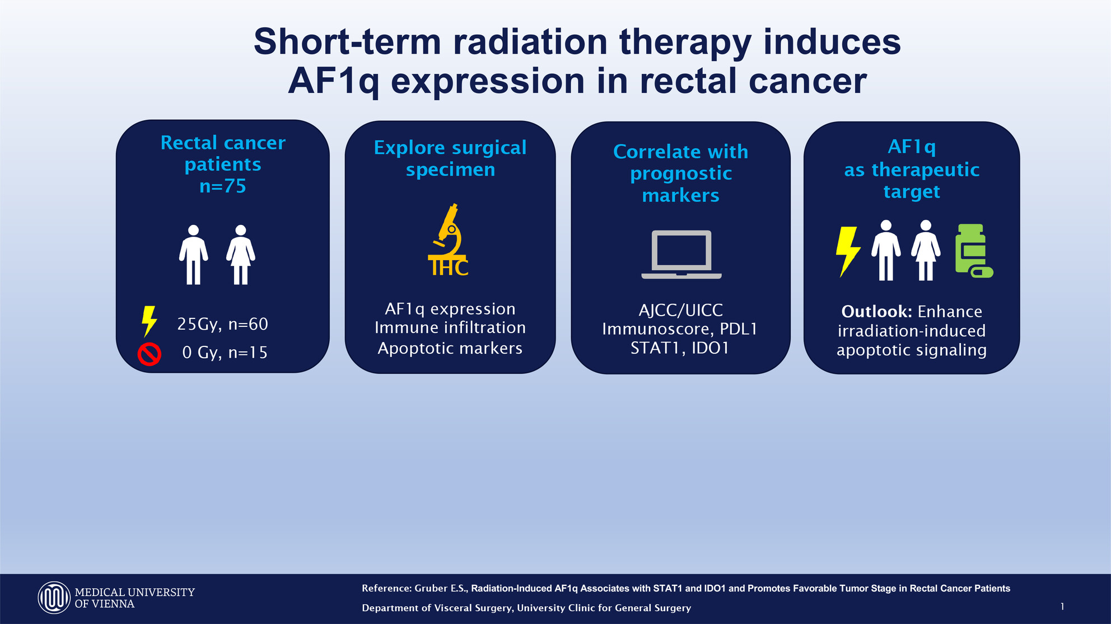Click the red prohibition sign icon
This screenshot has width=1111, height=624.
click(150, 354)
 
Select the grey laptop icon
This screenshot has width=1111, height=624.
click(681, 255)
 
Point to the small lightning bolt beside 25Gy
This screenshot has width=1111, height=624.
click(149, 321)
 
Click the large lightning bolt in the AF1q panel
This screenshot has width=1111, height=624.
click(847, 251)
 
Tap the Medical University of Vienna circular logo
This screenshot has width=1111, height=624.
click(54, 597)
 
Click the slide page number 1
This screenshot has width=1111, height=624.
click(1062, 606)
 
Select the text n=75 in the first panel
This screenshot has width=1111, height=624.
click(223, 186)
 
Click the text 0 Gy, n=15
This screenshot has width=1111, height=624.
click(225, 353)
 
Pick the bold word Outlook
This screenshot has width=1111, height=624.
click(876, 311)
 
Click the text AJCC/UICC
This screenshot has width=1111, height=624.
click(681, 310)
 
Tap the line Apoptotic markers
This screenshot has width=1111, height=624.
click(450, 348)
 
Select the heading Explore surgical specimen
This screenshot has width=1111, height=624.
click(450, 158)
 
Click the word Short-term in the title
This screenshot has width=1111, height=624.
click(347, 42)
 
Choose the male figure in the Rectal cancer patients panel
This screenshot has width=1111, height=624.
click(193, 255)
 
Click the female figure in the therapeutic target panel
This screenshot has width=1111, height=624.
click(926, 250)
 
